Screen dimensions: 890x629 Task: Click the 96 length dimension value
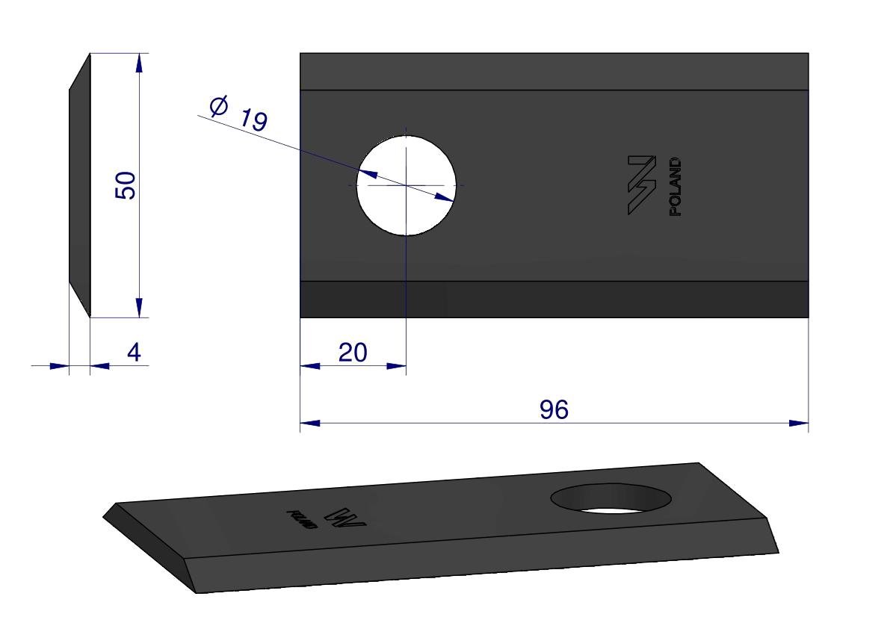554,409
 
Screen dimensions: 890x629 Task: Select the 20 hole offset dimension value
353,353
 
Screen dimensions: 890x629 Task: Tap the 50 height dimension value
126,185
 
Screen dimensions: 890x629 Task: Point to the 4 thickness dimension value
134,352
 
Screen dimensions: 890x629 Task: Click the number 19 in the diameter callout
253,120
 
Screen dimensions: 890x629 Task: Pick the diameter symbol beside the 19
218,106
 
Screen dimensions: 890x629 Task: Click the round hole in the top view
406,185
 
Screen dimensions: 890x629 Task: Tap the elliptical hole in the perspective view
611,498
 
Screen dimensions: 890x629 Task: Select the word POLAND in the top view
675,187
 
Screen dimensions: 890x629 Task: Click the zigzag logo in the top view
642,185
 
